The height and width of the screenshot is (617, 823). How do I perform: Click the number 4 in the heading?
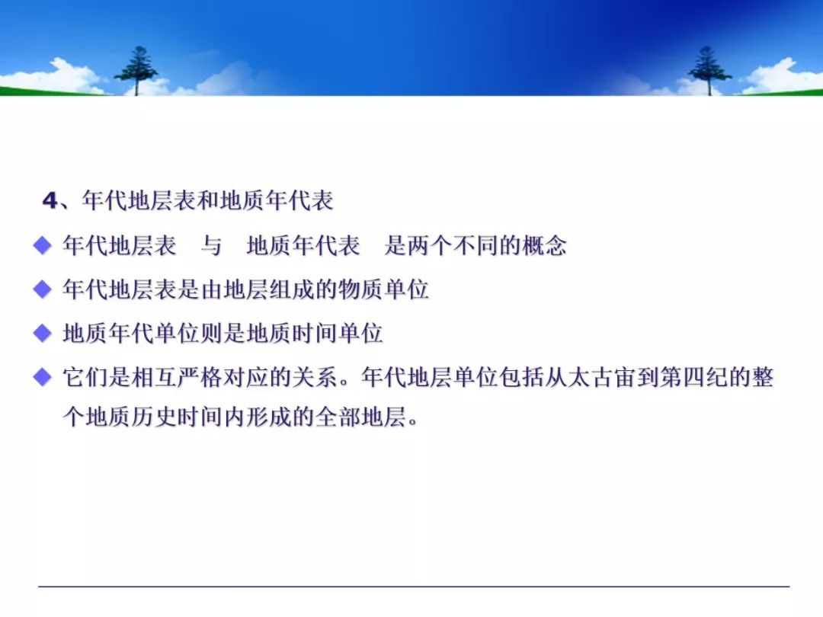(50, 200)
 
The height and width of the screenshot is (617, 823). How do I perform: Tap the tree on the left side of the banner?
(137, 71)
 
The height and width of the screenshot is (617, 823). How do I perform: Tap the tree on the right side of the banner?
(709, 71)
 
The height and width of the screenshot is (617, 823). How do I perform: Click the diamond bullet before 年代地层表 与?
(42, 245)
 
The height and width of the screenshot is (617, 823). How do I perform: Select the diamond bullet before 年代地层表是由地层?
(42, 289)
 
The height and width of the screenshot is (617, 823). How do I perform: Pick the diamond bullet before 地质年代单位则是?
(42, 333)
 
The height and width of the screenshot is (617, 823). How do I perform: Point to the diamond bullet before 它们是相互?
(42, 377)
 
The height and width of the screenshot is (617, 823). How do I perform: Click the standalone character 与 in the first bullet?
(212, 245)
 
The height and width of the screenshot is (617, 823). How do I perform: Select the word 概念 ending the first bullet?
(545, 245)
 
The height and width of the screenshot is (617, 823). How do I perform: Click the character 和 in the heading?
(208, 200)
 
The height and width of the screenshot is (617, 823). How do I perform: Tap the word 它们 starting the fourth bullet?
(85, 378)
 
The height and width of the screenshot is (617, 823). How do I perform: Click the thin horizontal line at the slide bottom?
(414, 587)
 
